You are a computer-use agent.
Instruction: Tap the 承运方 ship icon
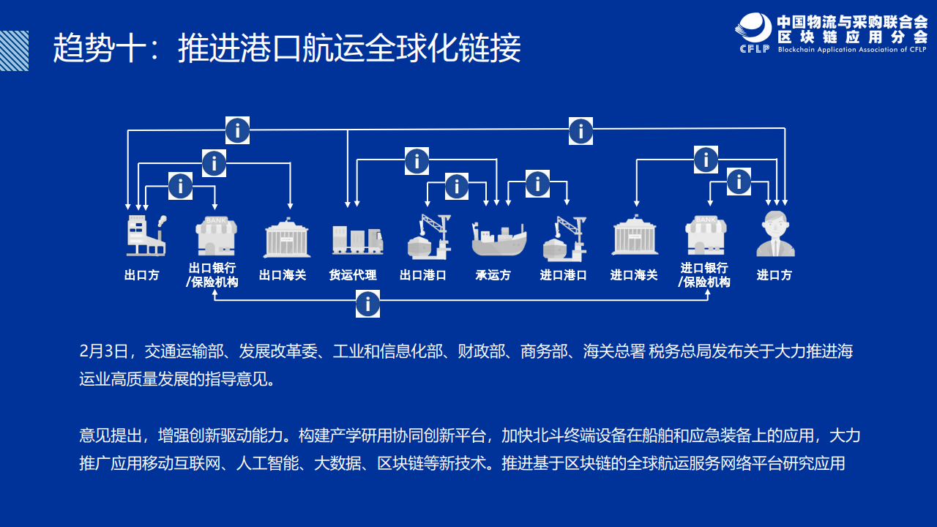pos(499,239)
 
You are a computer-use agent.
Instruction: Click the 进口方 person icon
pos(775,233)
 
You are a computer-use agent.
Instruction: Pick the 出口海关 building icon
pos(287,237)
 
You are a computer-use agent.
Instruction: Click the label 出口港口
pos(423,275)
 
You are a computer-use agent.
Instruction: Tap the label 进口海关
pos(634,275)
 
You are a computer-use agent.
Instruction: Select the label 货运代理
pos(353,275)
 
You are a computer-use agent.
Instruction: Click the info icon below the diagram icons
pos(367,304)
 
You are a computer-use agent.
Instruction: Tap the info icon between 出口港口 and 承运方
pos(456,186)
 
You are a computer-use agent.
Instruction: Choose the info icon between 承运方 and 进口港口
pos(537,183)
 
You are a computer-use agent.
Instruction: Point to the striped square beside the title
pos(14,51)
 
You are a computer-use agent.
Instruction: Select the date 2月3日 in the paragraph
pos(104,351)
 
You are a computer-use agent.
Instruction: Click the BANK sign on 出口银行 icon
pos(216,220)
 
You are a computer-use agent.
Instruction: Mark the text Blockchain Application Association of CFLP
pos(853,50)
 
